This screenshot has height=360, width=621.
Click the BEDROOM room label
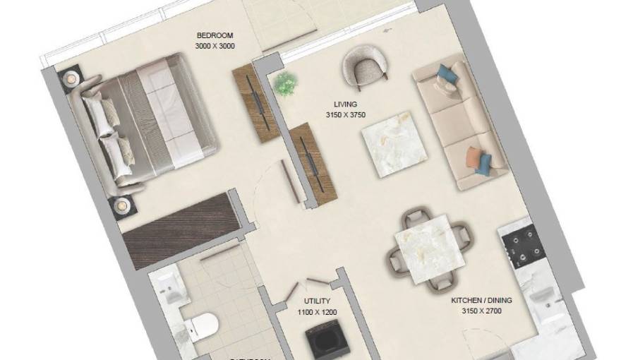click(215, 36)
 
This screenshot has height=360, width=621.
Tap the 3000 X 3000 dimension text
click(215, 47)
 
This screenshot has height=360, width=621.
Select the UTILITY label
click(312, 301)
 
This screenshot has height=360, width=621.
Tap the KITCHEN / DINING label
click(481, 300)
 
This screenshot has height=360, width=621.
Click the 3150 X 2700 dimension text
click(481, 310)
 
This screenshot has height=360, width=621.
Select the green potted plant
click(285, 83)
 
